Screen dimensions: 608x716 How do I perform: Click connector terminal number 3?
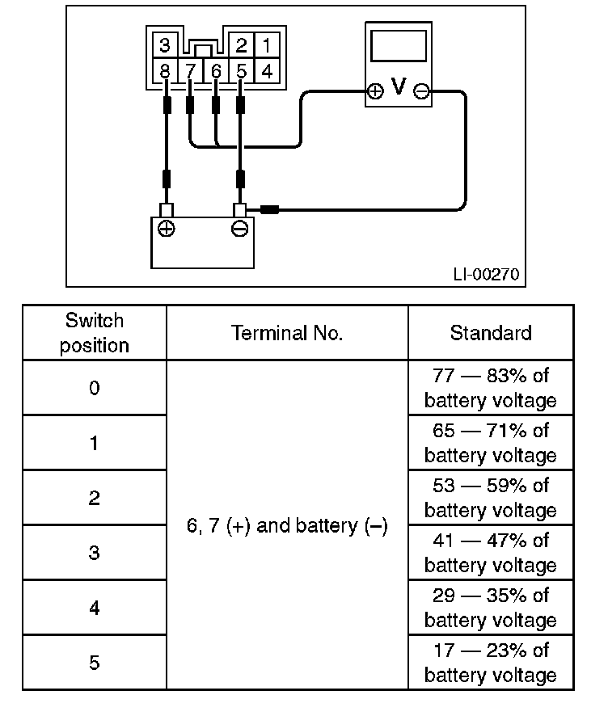[164, 45]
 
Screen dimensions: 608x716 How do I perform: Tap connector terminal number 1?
[267, 45]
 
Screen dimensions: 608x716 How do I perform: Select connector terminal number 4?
[267, 71]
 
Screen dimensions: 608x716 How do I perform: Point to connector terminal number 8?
[164, 71]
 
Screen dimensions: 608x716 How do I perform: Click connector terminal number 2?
[241, 45]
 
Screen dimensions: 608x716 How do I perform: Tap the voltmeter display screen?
[399, 45]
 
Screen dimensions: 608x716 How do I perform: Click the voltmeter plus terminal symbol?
[375, 91]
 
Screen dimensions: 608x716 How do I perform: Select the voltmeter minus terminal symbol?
[421, 91]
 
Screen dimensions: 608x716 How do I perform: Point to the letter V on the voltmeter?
[399, 86]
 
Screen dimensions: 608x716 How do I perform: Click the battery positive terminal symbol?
[167, 229]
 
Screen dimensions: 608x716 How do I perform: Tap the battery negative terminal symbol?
[240, 229]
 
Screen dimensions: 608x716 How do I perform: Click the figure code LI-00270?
[486, 274]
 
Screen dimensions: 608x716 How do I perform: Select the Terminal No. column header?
[287, 333]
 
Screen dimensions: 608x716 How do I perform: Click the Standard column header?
[491, 333]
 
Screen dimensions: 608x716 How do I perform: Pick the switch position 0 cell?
[95, 388]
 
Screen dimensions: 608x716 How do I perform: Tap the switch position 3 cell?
[95, 553]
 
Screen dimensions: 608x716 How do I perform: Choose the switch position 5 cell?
[95, 662]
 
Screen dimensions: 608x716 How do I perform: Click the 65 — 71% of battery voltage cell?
[491, 443]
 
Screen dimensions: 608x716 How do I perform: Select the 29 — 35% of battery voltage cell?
[491, 608]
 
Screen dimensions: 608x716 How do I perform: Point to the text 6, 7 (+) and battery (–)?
[287, 525]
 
